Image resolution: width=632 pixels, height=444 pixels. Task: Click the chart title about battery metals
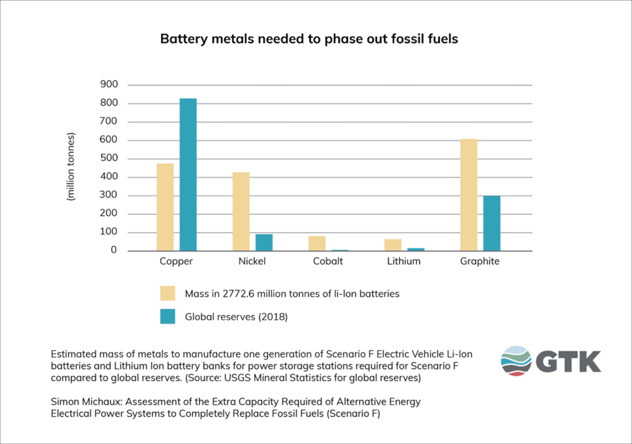point(309,39)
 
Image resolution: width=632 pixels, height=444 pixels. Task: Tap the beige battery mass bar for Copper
point(165,207)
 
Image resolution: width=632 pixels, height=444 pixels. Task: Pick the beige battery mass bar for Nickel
point(241,211)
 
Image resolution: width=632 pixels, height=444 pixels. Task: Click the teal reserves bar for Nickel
point(264,242)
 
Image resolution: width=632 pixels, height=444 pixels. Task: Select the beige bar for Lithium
point(393,245)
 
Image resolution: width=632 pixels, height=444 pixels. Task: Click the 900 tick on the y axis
point(109,85)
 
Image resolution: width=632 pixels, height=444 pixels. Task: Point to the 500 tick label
point(109,159)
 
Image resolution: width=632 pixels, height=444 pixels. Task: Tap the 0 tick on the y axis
point(114,251)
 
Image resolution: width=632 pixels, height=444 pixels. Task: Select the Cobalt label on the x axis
point(328,261)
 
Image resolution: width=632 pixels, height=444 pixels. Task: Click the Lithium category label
point(404,261)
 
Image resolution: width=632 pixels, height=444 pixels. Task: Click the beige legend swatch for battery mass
point(167,294)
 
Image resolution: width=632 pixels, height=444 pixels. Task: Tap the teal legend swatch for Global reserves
point(167,316)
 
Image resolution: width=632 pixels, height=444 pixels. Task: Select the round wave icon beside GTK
point(516,361)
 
